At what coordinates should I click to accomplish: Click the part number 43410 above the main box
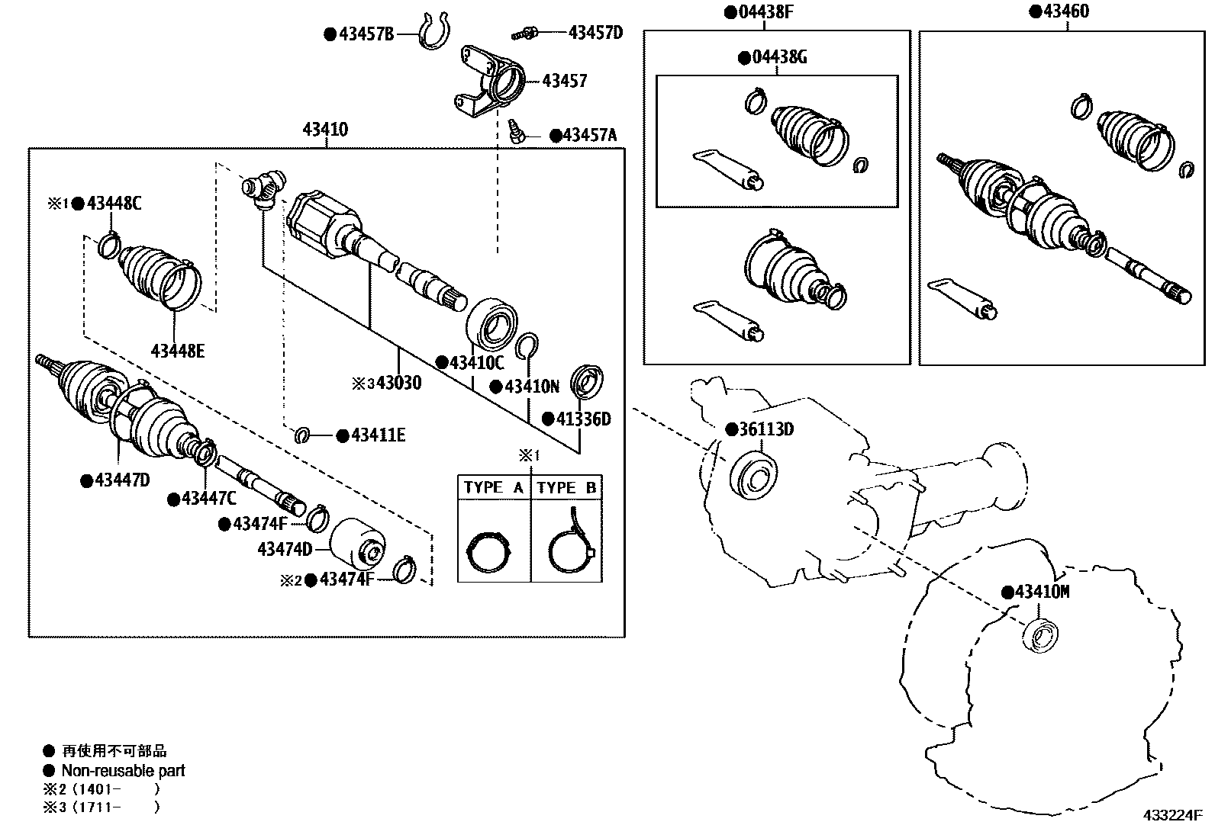[325, 130]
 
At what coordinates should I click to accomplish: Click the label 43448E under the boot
[178, 351]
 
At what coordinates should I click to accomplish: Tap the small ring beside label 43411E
[302, 435]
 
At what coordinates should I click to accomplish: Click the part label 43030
[398, 383]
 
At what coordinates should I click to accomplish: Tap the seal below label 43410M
[1039, 635]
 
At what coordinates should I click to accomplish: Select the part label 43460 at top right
[1065, 11]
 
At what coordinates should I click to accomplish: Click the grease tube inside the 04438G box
[727, 170]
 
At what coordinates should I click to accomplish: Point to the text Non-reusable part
[123, 771]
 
